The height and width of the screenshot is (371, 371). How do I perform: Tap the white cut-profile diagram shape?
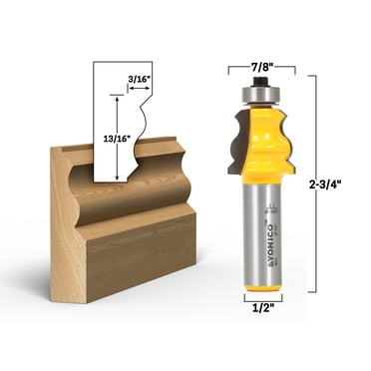125,120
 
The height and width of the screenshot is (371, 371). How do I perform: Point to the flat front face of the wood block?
140,254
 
